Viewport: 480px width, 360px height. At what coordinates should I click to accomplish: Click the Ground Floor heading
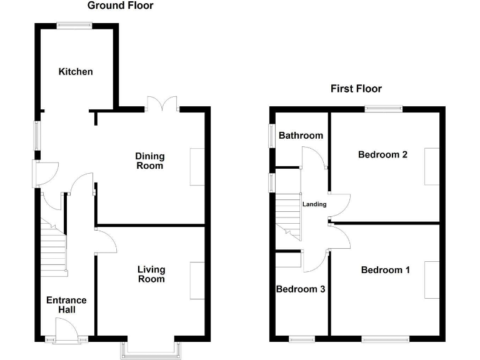tap(120, 6)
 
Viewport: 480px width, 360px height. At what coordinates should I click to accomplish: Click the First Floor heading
tap(356, 89)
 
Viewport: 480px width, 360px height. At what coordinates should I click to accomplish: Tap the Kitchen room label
tap(76, 72)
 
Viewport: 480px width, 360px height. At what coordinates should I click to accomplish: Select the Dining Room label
tap(150, 161)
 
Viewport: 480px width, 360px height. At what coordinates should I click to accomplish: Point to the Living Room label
tap(151, 274)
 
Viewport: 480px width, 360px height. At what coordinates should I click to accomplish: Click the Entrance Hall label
tap(66, 305)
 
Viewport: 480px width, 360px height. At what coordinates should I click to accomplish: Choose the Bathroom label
tap(301, 136)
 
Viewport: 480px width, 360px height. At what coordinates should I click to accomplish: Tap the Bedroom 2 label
tap(382, 154)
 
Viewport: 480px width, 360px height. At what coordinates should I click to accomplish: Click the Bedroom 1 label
tap(385, 270)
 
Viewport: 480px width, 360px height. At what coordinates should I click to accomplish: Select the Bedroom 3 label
tap(300, 289)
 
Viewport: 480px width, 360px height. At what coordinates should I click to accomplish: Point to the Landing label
tap(314, 204)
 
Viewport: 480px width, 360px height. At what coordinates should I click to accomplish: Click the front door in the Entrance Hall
tap(66, 330)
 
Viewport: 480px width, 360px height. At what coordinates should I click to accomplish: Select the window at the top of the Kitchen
tap(74, 25)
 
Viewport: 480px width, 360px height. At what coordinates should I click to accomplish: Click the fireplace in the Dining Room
tap(197, 167)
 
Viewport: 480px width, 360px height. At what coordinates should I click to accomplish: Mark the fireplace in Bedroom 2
tap(431, 166)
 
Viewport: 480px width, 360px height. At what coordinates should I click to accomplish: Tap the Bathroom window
tap(272, 135)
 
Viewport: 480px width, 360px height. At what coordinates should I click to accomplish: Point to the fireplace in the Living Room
tap(197, 281)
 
